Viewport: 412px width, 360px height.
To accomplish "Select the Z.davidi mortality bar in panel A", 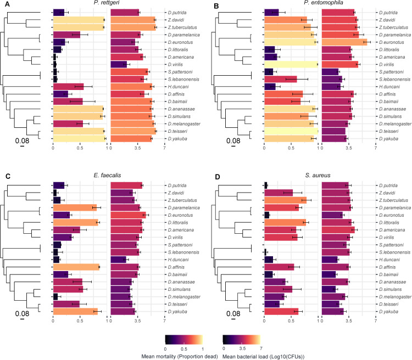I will coord(79,19).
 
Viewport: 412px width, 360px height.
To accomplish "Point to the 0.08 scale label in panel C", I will coord(22,314).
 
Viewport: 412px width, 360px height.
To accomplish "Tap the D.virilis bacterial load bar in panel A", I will coord(119,64).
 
